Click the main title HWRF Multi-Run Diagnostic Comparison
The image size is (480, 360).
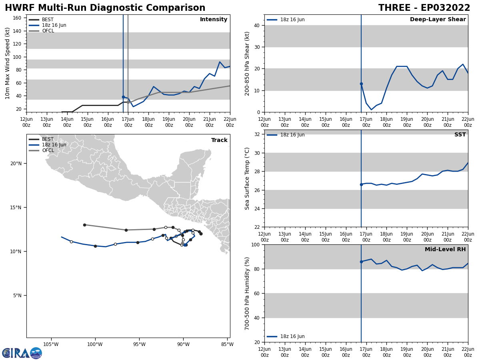pyautogui.click(x=105, y=8)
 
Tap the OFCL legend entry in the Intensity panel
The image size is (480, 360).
pyautogui.click(x=48, y=31)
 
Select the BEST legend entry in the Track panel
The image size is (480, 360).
pyautogui.click(x=48, y=139)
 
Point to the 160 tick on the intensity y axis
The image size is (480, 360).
pyautogui.click(x=18, y=18)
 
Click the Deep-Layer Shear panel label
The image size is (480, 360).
pyautogui.click(x=438, y=20)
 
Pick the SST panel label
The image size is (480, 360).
pyautogui.click(x=460, y=135)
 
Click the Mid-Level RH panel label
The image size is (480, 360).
pyautogui.click(x=445, y=250)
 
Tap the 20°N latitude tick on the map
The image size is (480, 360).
pyautogui.click(x=16, y=163)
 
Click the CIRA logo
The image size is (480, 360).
pyautogui.click(x=22, y=353)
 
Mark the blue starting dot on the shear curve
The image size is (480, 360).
pyautogui.click(x=361, y=84)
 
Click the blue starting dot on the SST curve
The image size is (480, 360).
pyautogui.click(x=361, y=184)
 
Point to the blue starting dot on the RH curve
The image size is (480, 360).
pyautogui.click(x=361, y=262)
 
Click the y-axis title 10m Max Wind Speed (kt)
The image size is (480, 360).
pyautogui.click(x=8, y=63)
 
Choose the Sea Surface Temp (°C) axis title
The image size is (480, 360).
pyautogui.click(x=247, y=178)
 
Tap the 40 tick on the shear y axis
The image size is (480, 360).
pyautogui.click(x=257, y=26)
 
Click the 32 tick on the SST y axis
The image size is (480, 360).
pyautogui.click(x=257, y=134)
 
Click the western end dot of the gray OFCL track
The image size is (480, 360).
pyautogui.click(x=84, y=225)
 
